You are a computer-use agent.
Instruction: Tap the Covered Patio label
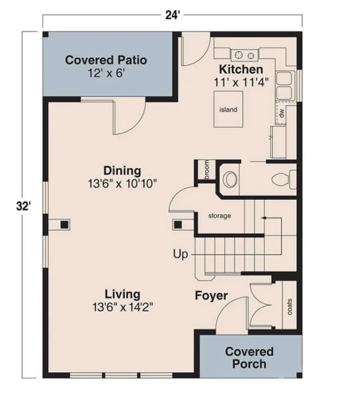pos(106,60)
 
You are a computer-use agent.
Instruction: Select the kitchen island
pos(228,109)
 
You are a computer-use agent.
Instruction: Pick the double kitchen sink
pos(285,85)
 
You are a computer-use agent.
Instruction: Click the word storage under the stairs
pos(220,216)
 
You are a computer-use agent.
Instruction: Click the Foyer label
pos(211,296)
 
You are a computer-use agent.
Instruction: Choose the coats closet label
pos(289,306)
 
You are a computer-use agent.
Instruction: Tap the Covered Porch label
pos(250,358)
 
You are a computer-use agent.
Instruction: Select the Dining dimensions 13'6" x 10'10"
pos(122,184)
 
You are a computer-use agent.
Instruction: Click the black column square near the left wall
pos(63,225)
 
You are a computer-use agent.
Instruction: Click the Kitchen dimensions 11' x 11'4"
pos(240,81)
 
